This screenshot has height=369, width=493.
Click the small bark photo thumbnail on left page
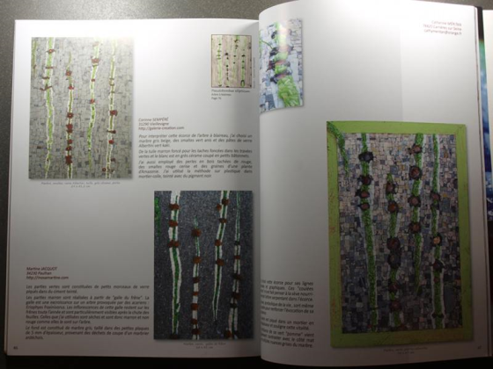[232, 61]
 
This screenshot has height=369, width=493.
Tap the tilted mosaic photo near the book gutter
[283, 65]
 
